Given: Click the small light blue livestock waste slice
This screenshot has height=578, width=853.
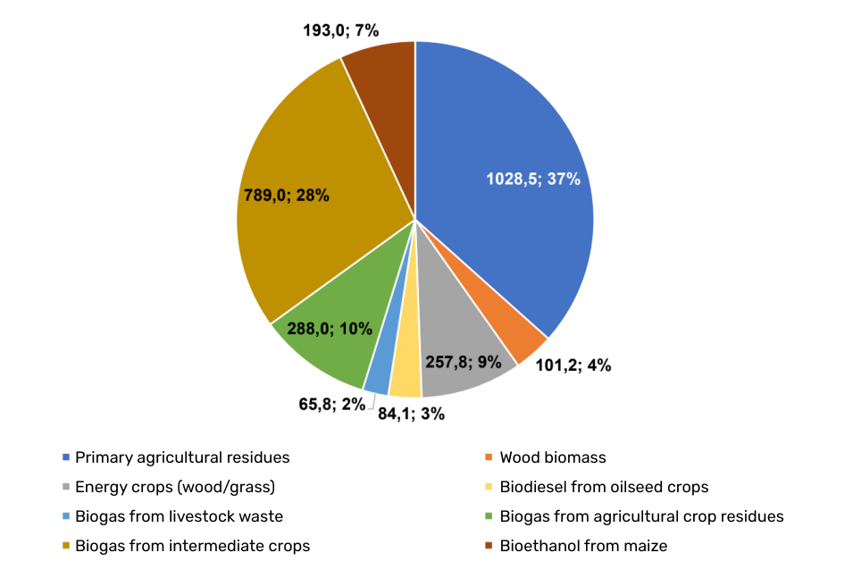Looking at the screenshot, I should [x=379, y=375].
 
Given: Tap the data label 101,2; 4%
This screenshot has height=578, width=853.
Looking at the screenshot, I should [x=573, y=365].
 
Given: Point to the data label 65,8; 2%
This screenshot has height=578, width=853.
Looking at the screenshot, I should [x=331, y=404].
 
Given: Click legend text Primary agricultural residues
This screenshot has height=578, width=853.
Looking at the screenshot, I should [x=182, y=457].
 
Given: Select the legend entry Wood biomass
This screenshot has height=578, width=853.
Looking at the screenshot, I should [x=552, y=457].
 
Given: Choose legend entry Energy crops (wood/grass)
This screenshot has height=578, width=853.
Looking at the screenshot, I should [x=175, y=487].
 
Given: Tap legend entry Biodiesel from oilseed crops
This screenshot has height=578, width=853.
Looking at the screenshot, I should [x=604, y=487].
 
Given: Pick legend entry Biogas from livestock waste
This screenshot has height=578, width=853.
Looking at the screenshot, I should [x=180, y=516].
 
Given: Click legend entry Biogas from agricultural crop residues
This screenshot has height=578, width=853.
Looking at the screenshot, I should [x=641, y=516].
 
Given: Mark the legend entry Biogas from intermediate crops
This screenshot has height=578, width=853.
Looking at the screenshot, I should [x=192, y=545].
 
